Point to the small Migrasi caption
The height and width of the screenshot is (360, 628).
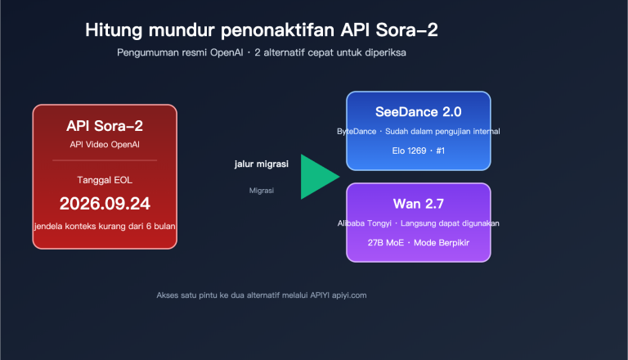262,190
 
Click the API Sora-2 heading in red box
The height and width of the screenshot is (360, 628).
105,126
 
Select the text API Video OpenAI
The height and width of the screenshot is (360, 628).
105,144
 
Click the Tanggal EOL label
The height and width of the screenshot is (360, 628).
105,179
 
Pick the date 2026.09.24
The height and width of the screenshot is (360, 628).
105,203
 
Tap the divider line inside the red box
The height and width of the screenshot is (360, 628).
105,160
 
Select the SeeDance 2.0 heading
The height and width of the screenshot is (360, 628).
418,112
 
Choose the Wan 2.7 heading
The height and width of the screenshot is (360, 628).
418,204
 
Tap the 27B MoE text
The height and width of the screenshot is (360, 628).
386,243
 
